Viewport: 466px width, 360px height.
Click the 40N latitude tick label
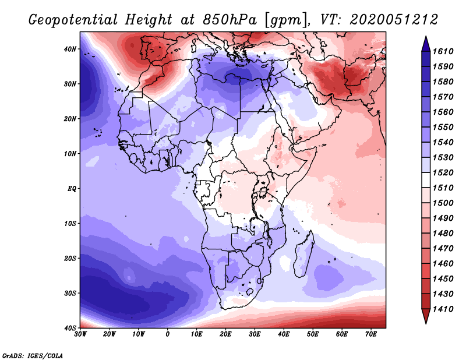click(70, 49)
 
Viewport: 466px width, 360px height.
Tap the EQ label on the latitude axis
click(72, 189)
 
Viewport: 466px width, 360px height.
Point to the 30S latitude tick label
click(70, 294)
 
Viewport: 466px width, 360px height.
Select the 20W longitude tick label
click(110, 334)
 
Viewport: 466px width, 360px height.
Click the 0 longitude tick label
click(168, 334)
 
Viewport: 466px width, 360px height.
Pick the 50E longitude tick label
click(313, 334)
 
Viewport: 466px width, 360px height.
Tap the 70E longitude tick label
click(370, 334)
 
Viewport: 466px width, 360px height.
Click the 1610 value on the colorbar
click(443, 51)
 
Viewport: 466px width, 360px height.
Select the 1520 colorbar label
click(443, 172)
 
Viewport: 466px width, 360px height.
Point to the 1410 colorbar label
click(443, 309)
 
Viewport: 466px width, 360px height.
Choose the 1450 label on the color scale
click(443, 279)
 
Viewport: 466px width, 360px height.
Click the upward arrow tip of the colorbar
click(426, 37)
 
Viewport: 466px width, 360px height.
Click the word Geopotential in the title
click(73, 20)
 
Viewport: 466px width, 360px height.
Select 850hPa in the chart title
click(229, 20)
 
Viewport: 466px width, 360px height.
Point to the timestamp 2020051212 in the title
click(394, 20)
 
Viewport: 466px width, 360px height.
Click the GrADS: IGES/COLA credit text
click(33, 356)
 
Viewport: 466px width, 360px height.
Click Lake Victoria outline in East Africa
click(263, 192)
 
